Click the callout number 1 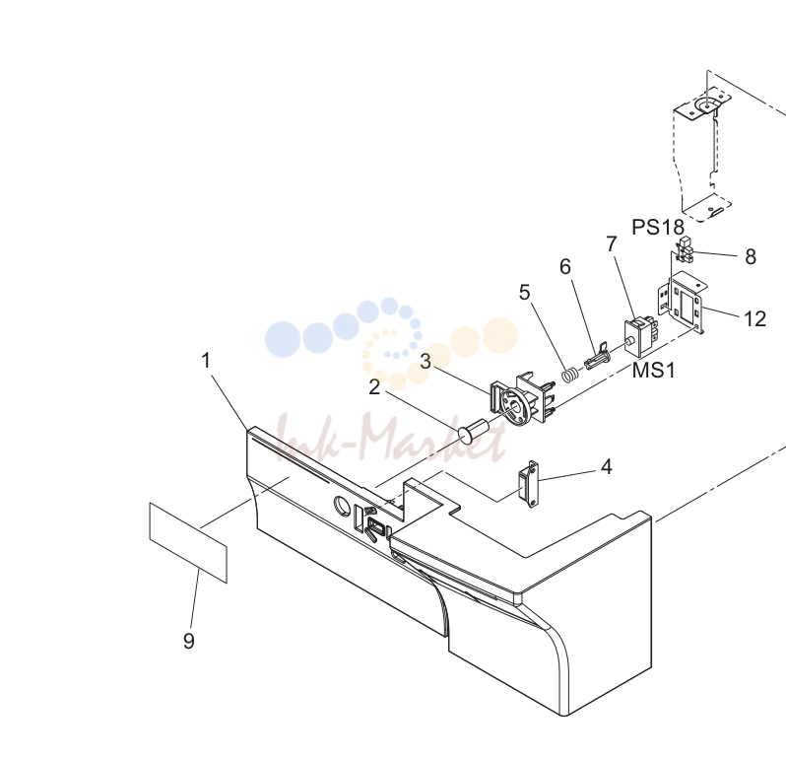tap(206, 360)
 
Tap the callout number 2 tap(374, 387)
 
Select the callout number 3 tap(426, 361)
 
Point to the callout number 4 tap(607, 467)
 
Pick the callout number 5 tap(524, 293)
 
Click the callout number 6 tap(565, 267)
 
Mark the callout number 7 tap(611, 244)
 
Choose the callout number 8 tap(751, 257)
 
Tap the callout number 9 tap(188, 641)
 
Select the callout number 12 tap(754, 319)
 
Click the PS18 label tap(658, 228)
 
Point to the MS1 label tap(654, 371)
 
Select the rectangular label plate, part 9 tap(188, 543)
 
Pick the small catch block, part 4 tap(528, 484)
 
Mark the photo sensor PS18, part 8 tap(684, 250)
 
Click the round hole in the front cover tap(343, 505)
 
